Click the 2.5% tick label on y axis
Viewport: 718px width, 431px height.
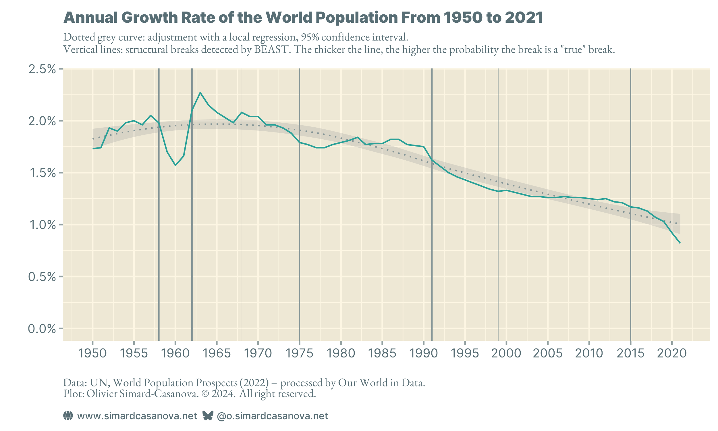tap(42, 70)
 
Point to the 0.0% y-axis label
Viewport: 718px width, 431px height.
tap(42, 329)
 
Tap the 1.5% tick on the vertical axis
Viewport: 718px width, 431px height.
tap(42, 173)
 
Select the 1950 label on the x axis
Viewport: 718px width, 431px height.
tap(92, 353)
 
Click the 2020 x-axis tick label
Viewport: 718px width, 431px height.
tap(671, 353)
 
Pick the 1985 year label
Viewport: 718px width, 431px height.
tap(382, 353)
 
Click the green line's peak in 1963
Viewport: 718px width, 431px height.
tap(200, 93)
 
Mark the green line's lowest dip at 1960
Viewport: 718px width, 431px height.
tap(175, 165)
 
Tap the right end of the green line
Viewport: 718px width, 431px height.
tap(680, 243)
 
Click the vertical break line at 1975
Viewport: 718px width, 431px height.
tap(300, 232)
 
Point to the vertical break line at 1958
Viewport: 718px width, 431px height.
tap(159, 232)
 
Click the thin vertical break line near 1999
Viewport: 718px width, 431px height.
tap(498, 261)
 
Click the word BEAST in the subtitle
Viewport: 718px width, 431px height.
tap(272, 50)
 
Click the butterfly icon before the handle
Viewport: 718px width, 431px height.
tap(208, 416)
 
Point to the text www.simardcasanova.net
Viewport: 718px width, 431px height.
tap(137, 416)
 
